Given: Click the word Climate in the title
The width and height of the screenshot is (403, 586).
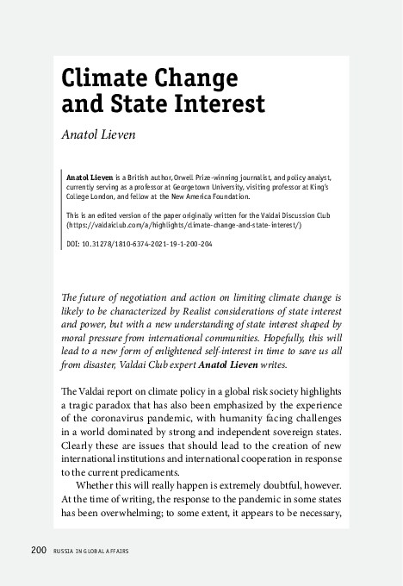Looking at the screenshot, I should tap(102, 78).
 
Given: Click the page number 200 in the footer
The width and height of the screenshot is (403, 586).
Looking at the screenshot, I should tap(39, 550).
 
